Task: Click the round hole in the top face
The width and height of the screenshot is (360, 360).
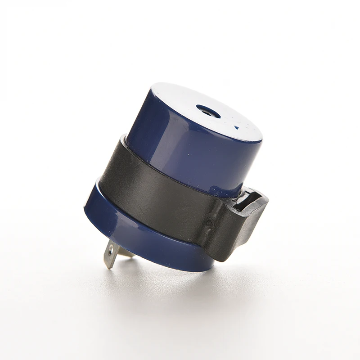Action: point(208,111)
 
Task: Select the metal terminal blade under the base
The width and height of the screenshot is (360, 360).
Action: point(112,255)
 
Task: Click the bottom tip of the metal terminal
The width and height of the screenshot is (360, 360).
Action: point(108,267)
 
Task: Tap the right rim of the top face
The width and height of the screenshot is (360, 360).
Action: point(260,135)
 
